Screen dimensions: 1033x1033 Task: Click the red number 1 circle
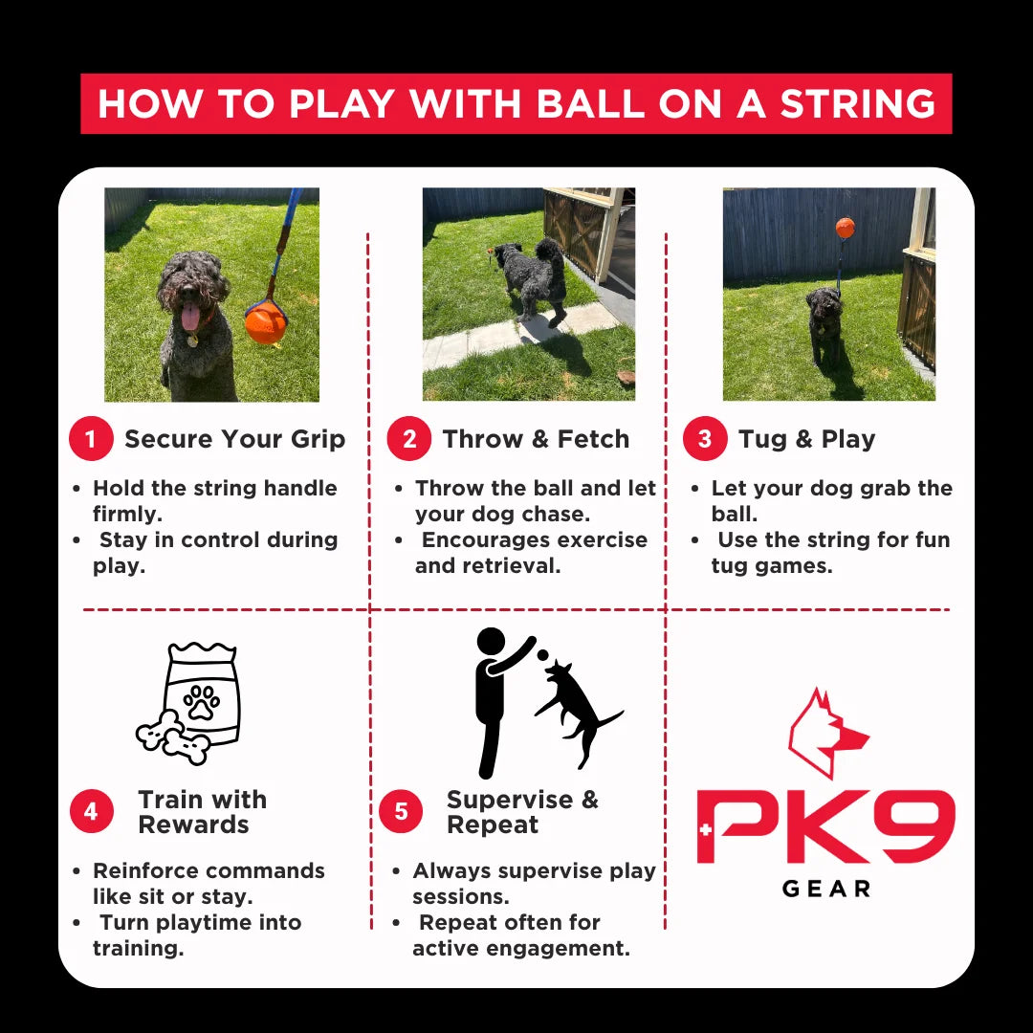pos(91,439)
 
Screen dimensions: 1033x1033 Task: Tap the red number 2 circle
pos(409,439)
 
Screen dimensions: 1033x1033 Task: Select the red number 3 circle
pos(705,439)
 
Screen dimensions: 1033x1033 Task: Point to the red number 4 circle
pos(92,811)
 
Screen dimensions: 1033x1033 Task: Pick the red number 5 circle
pos(401,811)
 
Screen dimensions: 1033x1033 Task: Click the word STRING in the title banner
pos(858,104)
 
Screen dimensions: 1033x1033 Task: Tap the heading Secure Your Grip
pos(234,439)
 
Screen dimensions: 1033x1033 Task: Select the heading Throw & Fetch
pos(536,439)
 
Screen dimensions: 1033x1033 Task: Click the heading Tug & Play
pos(807,439)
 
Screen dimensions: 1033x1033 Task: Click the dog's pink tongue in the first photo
pos(191,317)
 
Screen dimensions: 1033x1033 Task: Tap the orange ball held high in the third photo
pos(846,228)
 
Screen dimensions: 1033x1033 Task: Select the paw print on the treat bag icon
pos(202,702)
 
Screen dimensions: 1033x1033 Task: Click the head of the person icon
pos(491,642)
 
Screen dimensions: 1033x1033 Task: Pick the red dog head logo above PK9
pos(826,733)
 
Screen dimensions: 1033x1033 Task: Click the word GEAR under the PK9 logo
pos(826,889)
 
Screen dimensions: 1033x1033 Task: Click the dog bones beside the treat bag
pos(173,737)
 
